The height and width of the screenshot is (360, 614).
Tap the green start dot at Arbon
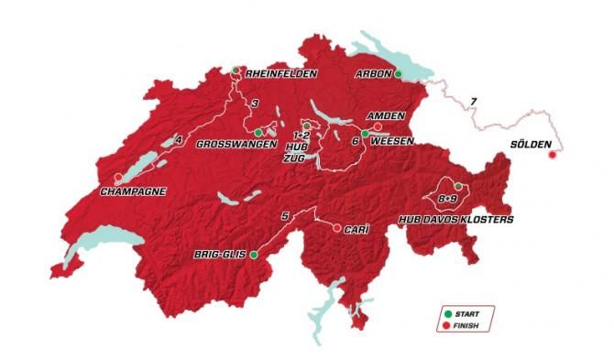coord(399,74)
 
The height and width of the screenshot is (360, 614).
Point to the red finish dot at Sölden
coord(552,155)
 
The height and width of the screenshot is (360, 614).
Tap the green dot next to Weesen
coord(365,134)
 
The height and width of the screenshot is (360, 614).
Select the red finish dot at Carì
coord(336,227)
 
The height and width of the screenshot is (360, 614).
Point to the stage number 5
coord(286,215)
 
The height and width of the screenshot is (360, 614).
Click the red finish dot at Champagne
coord(117,178)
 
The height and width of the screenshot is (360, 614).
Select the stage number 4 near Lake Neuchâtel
coord(180,139)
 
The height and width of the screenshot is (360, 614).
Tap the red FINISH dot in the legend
coord(448,324)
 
